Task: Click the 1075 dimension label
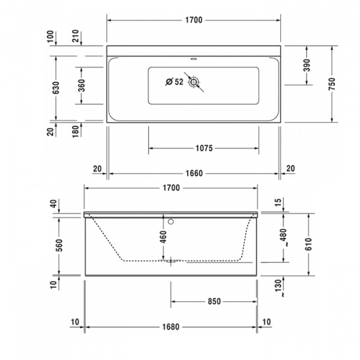click(205, 148)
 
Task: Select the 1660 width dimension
click(193, 173)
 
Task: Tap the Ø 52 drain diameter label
click(174, 82)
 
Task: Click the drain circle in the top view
click(194, 83)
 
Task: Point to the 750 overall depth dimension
click(332, 83)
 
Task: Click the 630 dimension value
click(56, 88)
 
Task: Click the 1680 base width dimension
click(171, 328)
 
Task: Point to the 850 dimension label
click(215, 301)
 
